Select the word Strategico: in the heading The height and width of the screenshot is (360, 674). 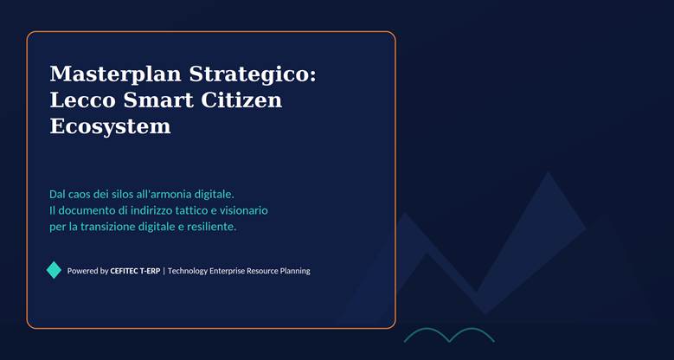pos(253,74)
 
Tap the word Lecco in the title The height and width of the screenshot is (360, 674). pos(83,100)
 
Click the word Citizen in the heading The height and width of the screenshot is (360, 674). pos(241,100)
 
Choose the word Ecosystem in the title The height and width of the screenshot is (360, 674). pos(111,127)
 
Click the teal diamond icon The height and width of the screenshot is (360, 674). pos(54,270)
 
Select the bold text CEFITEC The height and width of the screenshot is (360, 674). pos(125,271)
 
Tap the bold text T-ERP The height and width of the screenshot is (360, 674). pos(150,271)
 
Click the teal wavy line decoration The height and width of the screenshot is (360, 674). pos(449,335)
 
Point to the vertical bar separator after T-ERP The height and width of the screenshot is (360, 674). pos(164,271)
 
